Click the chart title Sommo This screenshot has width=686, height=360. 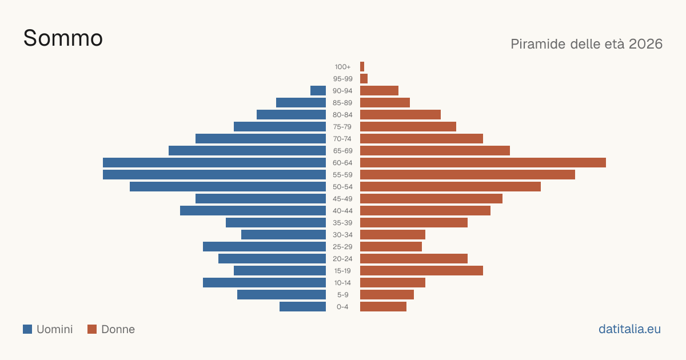click(63, 38)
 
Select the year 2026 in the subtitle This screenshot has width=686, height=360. click(645, 44)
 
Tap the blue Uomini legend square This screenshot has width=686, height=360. click(27, 329)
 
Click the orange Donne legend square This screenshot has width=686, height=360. click(92, 329)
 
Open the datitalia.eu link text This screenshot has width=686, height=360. click(629, 329)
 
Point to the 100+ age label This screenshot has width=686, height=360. click(342, 67)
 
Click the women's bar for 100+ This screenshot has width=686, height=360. click(362, 67)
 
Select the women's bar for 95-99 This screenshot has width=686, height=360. click(364, 79)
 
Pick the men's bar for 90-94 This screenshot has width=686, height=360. click(318, 91)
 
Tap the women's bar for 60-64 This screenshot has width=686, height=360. click(483, 162)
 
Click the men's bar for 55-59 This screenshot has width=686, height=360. click(214, 174)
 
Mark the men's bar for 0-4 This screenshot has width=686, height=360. click(302, 307)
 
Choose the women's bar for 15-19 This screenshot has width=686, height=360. click(421, 271)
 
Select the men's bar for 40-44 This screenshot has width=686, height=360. click(253, 211)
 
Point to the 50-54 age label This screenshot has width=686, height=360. click(342, 187)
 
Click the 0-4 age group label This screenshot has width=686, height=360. click(342, 307)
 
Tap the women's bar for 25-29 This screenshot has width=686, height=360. click(391, 247)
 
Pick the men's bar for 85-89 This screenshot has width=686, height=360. click(301, 102)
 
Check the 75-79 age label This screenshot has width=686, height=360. click(342, 127)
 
